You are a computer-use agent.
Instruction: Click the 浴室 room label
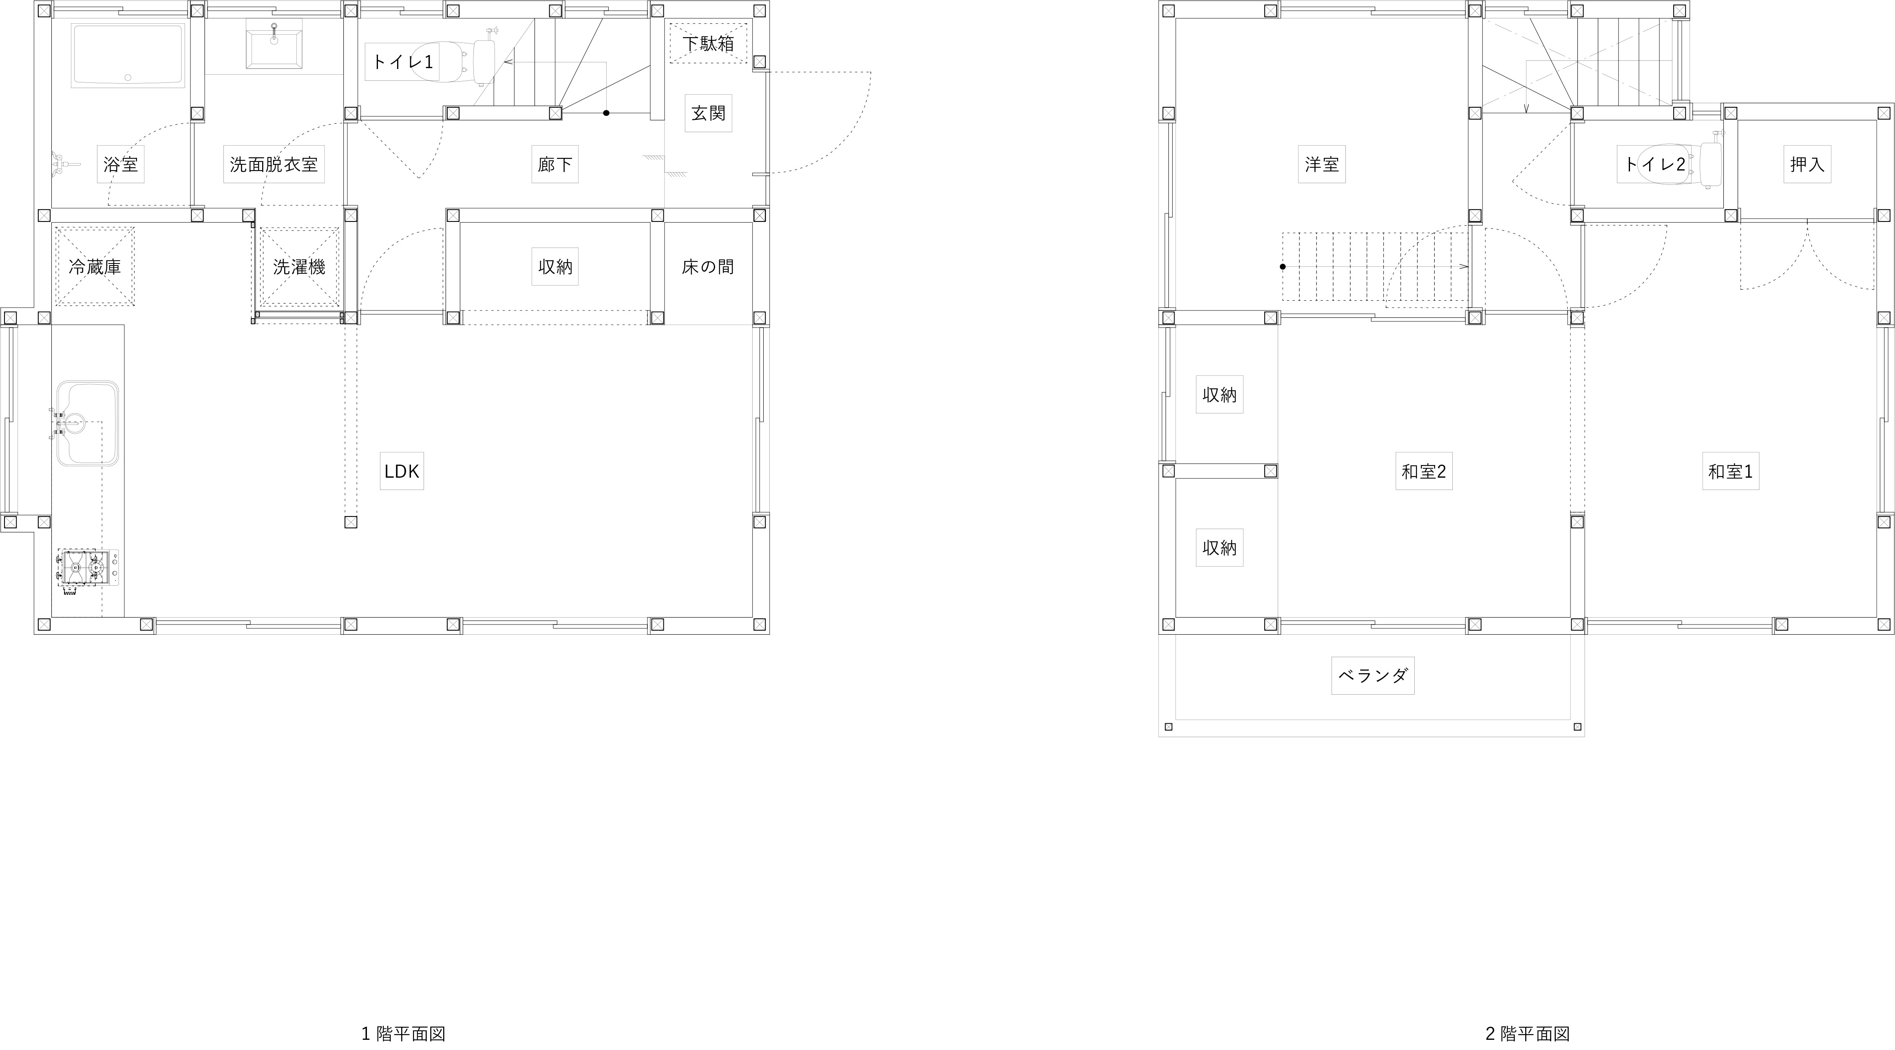(121, 164)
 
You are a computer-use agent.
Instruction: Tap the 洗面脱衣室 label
(274, 164)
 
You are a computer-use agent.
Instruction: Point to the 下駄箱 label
(708, 43)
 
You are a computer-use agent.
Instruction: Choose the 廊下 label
(554, 164)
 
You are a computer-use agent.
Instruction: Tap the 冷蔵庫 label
(95, 266)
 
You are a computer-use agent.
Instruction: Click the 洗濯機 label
(299, 266)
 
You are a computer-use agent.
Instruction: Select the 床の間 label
(708, 266)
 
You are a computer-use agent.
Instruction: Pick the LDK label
(402, 471)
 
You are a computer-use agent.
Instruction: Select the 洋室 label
(1322, 164)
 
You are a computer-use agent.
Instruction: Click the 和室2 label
(1423, 471)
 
